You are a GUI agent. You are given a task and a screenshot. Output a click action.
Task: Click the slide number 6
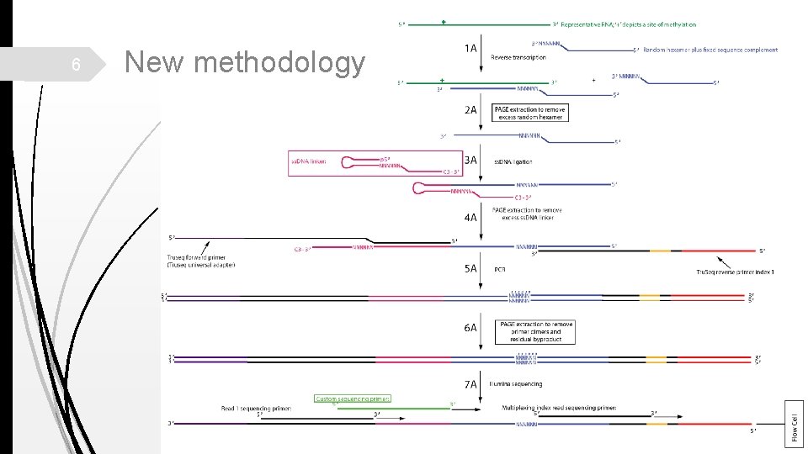(75, 65)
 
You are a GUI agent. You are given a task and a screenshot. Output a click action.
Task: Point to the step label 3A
(470, 160)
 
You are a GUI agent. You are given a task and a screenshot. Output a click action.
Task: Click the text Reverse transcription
(518, 57)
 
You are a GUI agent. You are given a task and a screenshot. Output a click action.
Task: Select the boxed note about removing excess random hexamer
(530, 113)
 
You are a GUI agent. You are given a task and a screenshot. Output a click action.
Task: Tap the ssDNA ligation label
(513, 161)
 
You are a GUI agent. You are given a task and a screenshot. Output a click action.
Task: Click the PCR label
(499, 270)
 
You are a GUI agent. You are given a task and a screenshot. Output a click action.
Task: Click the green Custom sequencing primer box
(352, 399)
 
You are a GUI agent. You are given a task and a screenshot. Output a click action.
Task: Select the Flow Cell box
(795, 423)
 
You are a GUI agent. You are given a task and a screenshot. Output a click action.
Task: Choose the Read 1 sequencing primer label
(257, 408)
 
